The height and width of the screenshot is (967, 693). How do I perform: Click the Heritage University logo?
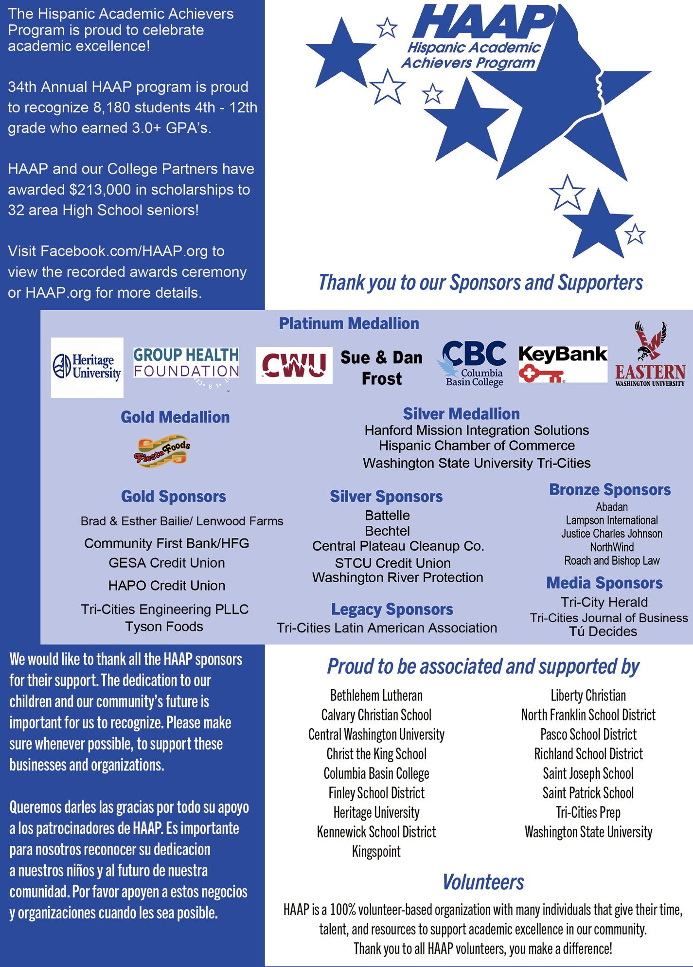coord(87,367)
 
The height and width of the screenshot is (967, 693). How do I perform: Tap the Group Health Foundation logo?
coord(186,363)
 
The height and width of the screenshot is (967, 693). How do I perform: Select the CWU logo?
coord(294,365)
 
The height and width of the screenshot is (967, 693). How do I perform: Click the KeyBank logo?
coord(563,363)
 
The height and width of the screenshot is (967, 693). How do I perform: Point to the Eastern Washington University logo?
coord(650,356)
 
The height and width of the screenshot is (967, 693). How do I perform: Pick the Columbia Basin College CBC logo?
coord(474,363)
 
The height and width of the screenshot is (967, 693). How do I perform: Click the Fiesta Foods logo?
coord(163,450)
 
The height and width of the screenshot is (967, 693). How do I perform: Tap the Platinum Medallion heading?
coord(349,323)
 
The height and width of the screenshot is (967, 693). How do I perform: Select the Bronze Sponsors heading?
coord(610,489)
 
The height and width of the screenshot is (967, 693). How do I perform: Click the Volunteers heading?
coord(483,882)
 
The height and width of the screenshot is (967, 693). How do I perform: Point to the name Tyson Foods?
coord(164,627)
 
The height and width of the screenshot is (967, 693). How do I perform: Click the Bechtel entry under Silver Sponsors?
coord(387,531)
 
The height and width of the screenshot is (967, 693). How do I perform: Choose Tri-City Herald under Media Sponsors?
coord(604,602)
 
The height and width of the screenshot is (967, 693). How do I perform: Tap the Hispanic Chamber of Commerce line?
coord(477,446)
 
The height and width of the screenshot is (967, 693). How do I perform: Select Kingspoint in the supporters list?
coord(376,852)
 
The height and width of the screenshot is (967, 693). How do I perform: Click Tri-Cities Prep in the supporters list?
coord(588,812)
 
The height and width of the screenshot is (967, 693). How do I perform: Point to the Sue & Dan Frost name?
coord(381,368)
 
